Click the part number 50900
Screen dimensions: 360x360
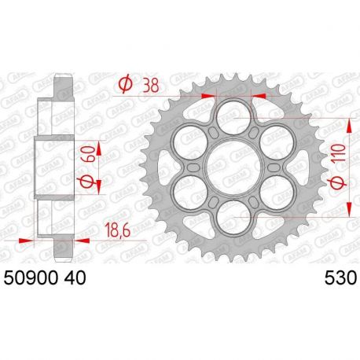pos(28,277)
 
